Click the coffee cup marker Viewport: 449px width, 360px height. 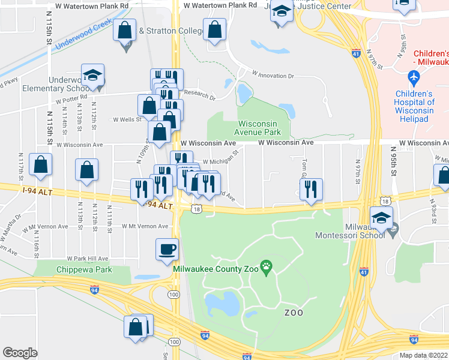coord(167,249)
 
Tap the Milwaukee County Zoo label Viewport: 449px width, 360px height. coord(215,269)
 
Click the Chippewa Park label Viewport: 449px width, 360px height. coord(84,269)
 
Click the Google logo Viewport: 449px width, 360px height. coord(20,353)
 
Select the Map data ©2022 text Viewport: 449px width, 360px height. coord(423,355)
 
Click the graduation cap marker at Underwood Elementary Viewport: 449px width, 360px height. coord(92,75)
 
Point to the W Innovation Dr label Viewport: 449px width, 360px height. coord(273,76)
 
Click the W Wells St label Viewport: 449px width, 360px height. coord(127,119)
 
